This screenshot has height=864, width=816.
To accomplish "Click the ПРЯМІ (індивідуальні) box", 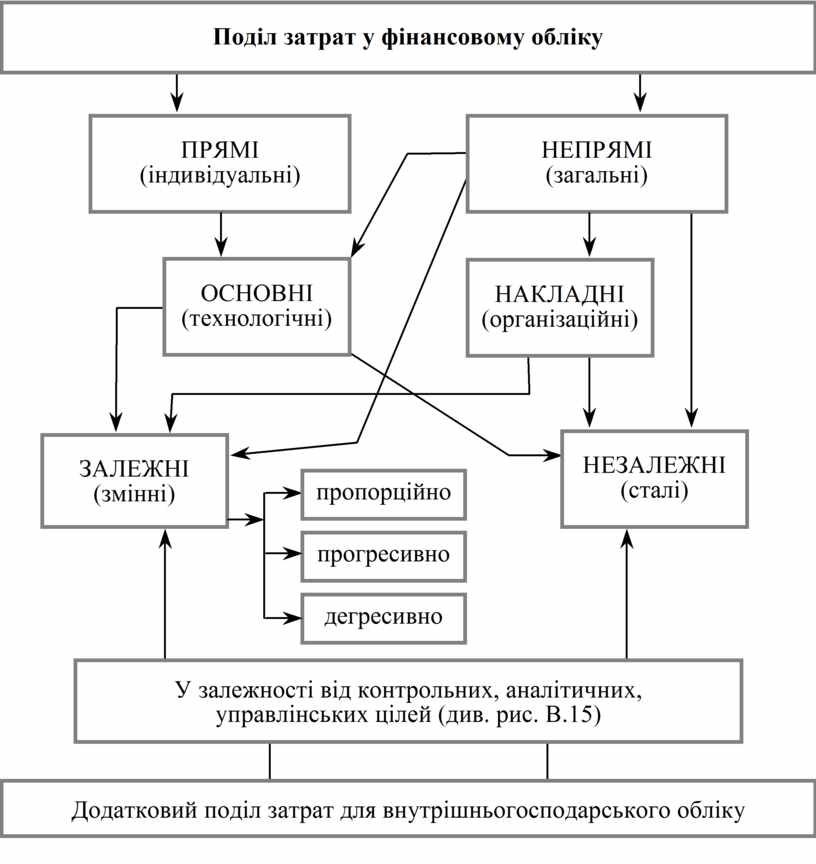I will (x=220, y=162).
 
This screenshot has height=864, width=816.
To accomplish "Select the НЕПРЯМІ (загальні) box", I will (x=596, y=162).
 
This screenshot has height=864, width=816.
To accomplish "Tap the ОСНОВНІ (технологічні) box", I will (x=257, y=306).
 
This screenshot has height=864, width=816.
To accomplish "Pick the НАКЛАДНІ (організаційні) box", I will (x=560, y=306).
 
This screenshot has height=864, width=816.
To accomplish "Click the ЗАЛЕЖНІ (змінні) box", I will (x=134, y=479).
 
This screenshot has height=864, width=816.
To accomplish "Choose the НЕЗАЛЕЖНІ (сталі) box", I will (x=655, y=478).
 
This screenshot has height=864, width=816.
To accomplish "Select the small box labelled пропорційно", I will (x=383, y=493).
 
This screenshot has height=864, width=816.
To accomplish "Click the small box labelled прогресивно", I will (x=383, y=554).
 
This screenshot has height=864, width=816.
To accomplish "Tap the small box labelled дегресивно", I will (x=383, y=614).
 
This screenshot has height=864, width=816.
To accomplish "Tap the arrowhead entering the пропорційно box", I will (x=292, y=493).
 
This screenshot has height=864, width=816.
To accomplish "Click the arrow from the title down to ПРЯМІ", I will (x=177, y=91).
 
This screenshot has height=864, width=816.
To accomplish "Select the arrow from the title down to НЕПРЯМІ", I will (x=640, y=91).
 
